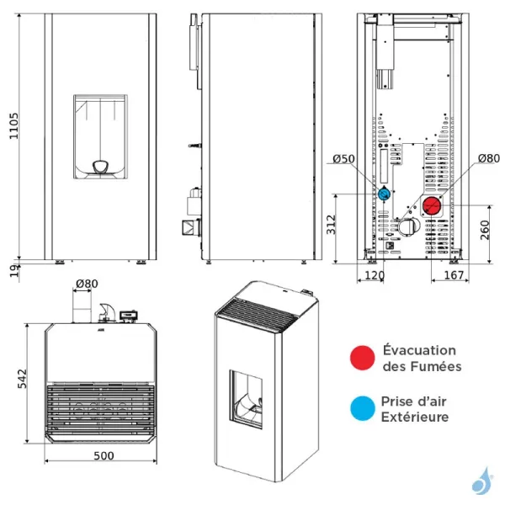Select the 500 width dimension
pos(103,455)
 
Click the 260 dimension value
pos(485,230)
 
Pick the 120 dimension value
pos(375,274)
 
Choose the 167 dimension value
pos(453,274)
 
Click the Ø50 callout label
pos(343,158)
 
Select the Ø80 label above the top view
pos(86,283)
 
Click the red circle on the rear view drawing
pos(433,205)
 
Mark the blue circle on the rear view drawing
pos(384,194)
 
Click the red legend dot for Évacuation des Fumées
pos(363,357)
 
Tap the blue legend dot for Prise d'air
pos(363,410)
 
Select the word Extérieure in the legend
pos(415,417)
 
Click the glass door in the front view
pos(100,135)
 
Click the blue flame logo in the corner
pos(481,481)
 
